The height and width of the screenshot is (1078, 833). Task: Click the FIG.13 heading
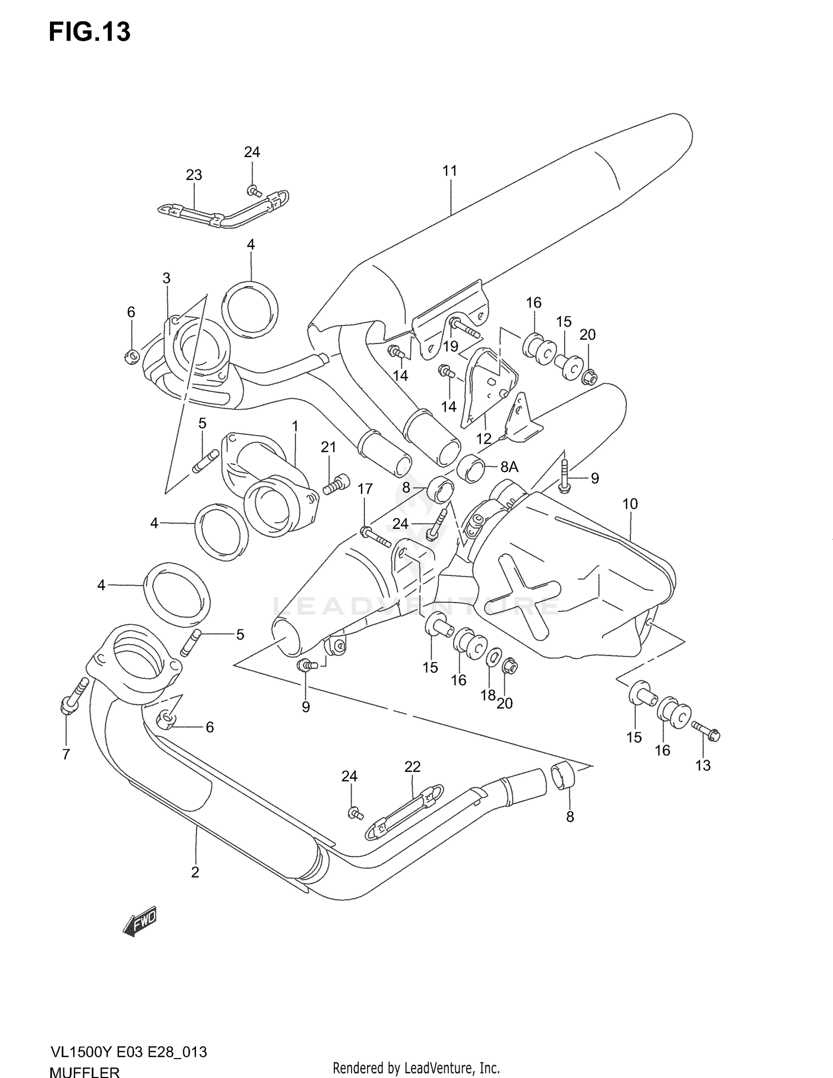click(89, 32)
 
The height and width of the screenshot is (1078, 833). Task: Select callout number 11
click(450, 171)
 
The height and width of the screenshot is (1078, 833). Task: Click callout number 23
click(194, 176)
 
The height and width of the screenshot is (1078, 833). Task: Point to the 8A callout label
click(509, 467)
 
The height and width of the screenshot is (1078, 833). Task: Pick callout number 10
click(630, 504)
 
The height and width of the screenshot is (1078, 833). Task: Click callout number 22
click(412, 766)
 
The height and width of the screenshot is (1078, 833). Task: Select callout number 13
click(702, 765)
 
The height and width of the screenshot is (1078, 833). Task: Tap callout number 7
click(66, 754)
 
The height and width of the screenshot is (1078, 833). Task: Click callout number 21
click(328, 447)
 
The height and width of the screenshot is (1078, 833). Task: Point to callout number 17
click(365, 489)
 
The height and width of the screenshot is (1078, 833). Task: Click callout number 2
click(195, 872)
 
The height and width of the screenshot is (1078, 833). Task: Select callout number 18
click(488, 695)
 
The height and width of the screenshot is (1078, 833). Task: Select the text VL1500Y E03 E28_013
click(128, 1052)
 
